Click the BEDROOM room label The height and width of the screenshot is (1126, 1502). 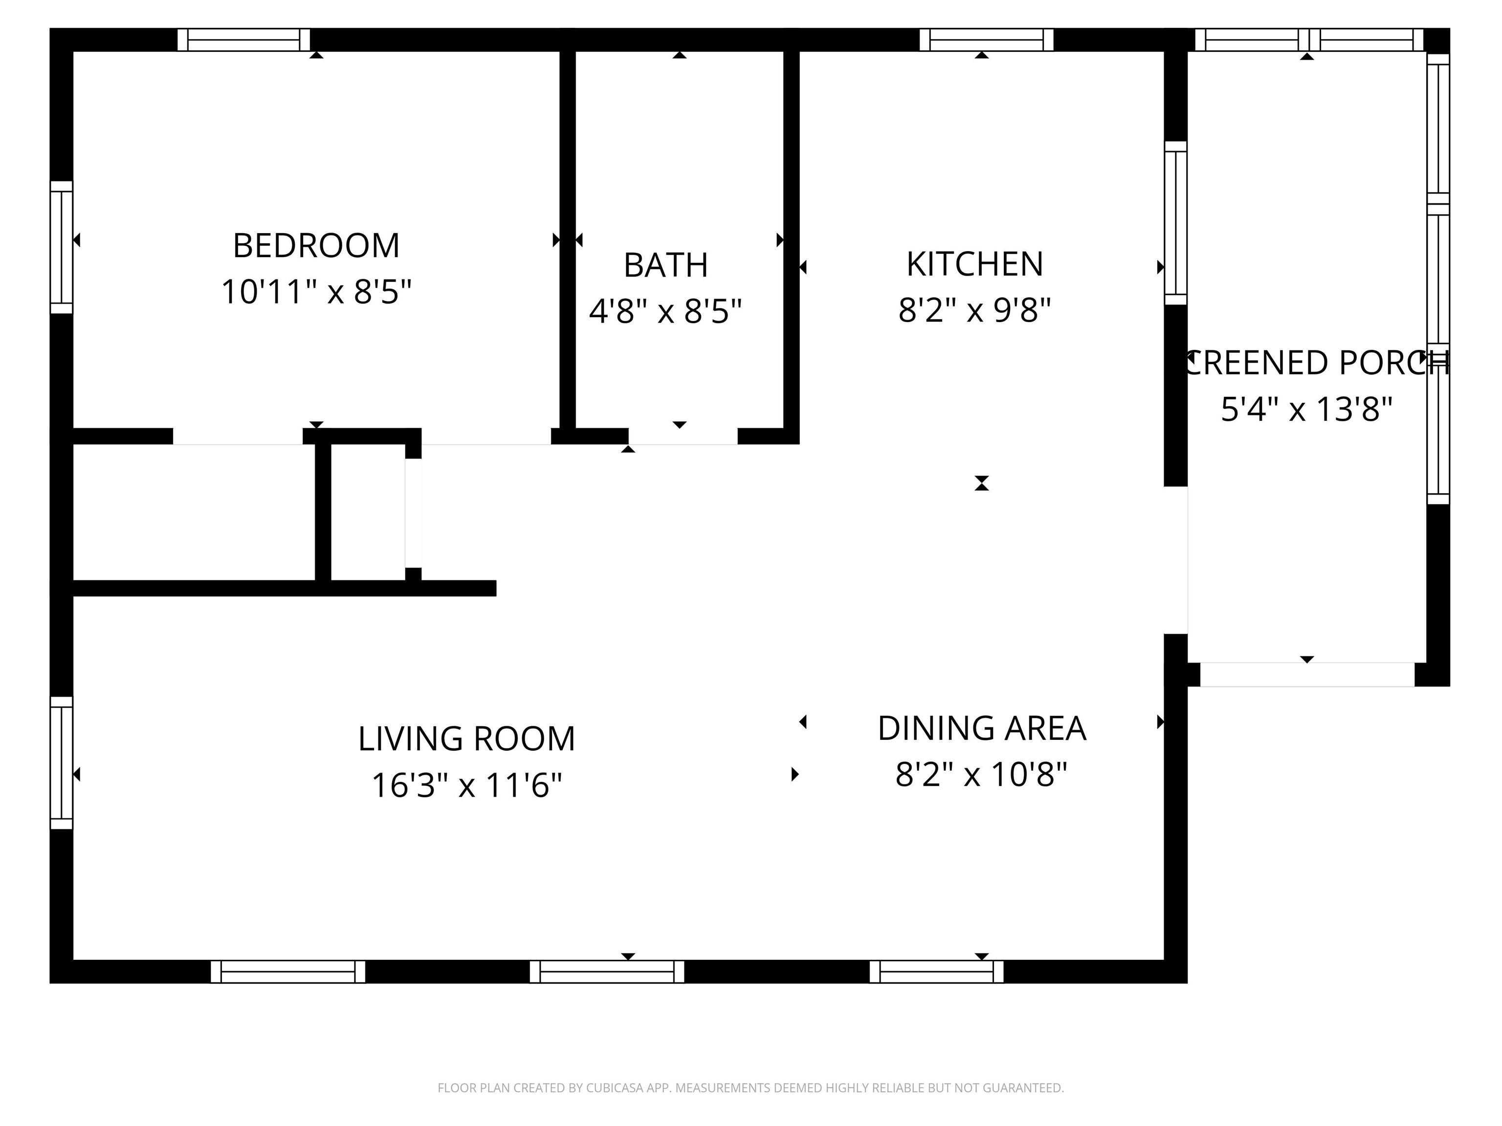click(316, 246)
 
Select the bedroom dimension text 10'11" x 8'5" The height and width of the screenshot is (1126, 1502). click(316, 293)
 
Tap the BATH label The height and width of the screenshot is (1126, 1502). click(665, 265)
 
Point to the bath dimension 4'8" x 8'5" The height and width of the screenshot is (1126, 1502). click(665, 311)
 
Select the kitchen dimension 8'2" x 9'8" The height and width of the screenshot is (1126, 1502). click(974, 311)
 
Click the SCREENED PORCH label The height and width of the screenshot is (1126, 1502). click(1315, 363)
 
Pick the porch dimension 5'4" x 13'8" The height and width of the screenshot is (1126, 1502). click(1306, 410)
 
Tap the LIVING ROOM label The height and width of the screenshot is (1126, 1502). click(466, 739)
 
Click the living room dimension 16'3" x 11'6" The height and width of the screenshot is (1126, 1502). click(466, 786)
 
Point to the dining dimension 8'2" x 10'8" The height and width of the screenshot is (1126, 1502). click(981, 775)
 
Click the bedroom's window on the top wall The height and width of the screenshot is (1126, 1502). click(244, 40)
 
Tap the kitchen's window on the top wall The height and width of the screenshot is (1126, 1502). click(986, 40)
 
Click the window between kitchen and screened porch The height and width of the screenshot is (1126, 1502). click(1175, 223)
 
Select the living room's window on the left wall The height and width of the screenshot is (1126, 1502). click(61, 763)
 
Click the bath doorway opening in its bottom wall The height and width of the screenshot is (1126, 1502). click(683, 436)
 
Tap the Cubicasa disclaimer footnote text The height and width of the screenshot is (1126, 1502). click(751, 1088)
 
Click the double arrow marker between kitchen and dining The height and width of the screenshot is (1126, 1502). click(981, 483)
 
